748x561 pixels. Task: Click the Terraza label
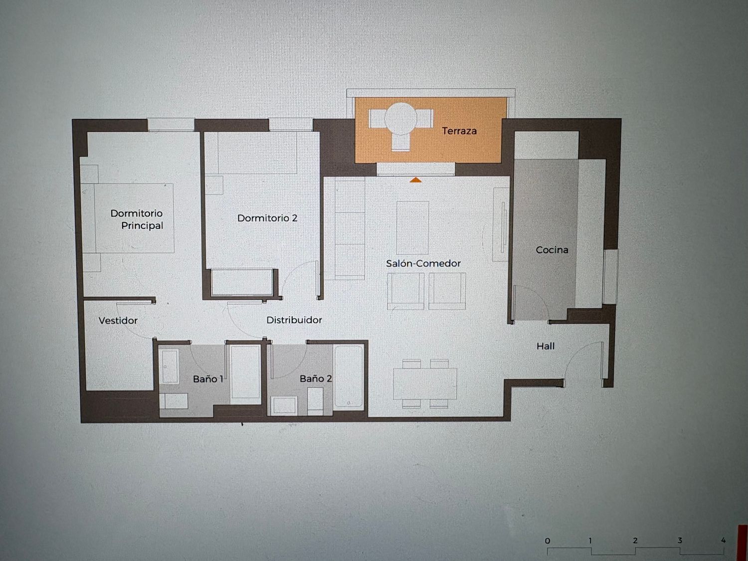pyautogui.click(x=459, y=131)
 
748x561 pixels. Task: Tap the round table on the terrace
pyautogui.click(x=401, y=119)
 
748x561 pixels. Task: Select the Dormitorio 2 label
pyautogui.click(x=267, y=218)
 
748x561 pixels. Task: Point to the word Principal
pyautogui.click(x=142, y=225)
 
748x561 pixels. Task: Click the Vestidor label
pyautogui.click(x=118, y=321)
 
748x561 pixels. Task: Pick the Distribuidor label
pyautogui.click(x=294, y=320)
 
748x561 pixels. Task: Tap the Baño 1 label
pyautogui.click(x=208, y=379)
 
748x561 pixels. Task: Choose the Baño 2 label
pyautogui.click(x=316, y=378)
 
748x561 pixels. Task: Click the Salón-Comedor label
pyautogui.click(x=423, y=263)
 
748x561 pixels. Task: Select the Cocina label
pyautogui.click(x=552, y=250)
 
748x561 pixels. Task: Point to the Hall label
pyautogui.click(x=546, y=346)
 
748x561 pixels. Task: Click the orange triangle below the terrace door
pyautogui.click(x=415, y=180)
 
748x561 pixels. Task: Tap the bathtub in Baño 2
pyautogui.click(x=348, y=376)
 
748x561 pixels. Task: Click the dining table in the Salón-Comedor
pyautogui.click(x=425, y=384)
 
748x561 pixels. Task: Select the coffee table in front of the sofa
pyautogui.click(x=412, y=227)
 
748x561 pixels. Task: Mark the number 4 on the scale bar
pyautogui.click(x=723, y=540)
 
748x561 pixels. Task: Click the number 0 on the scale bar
pyautogui.click(x=547, y=541)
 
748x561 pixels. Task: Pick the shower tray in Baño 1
pyautogui.click(x=245, y=372)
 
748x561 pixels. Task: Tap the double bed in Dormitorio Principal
pyautogui.click(x=128, y=218)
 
